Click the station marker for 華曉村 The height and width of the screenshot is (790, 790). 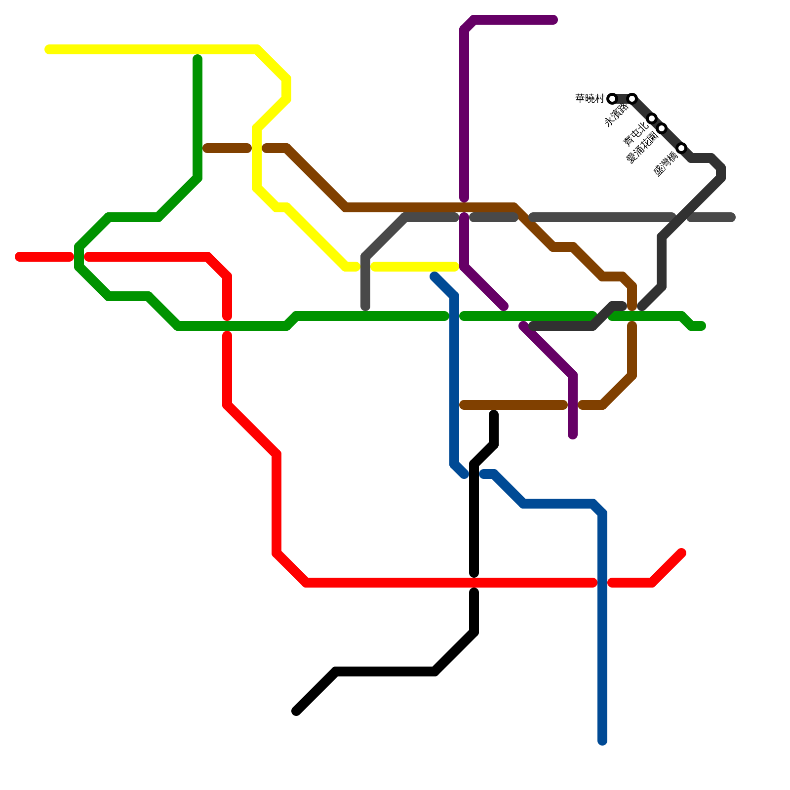pos(612,99)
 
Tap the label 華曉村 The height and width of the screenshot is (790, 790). pos(590,99)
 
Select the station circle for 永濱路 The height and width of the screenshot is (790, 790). pos(632,99)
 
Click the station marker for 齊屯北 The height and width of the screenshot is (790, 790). pos(652,118)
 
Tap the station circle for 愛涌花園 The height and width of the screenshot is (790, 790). pos(662,128)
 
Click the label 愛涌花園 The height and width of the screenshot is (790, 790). pos(642,148)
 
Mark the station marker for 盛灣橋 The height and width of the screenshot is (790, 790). pos(681,148)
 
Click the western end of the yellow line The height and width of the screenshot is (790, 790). pos(48,49)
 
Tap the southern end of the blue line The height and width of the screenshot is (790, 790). pos(602,741)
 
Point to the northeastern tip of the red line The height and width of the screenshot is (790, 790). pos(682,553)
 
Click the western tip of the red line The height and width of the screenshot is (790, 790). pos(19,257)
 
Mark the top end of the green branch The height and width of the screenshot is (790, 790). pos(197,58)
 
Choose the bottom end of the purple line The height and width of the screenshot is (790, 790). pos(573,435)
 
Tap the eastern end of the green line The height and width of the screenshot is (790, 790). pos(702,326)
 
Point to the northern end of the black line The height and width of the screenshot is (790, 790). pos(494,414)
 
